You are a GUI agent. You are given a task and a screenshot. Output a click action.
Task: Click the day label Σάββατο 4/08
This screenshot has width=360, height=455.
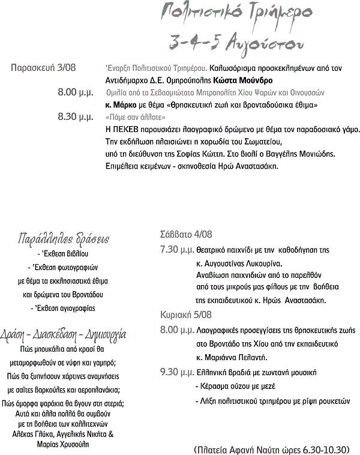click(186, 235)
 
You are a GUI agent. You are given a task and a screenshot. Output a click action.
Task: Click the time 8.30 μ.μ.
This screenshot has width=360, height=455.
click(74, 116)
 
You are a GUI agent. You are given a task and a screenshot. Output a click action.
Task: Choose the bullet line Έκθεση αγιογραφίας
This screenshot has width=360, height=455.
click(62, 308)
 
